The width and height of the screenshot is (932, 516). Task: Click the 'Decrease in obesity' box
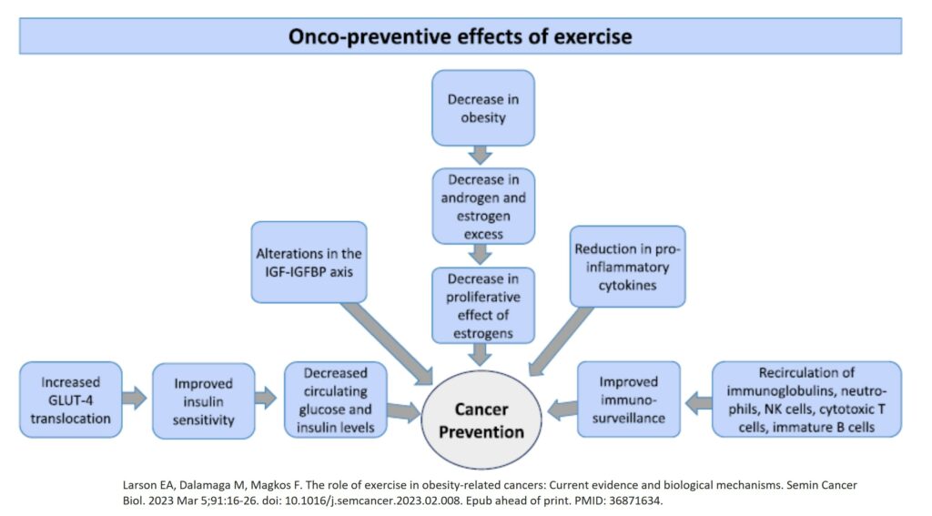click(x=483, y=107)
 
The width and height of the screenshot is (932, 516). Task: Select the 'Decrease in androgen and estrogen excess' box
click(x=483, y=206)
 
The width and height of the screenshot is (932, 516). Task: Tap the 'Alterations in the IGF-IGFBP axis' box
click(x=309, y=262)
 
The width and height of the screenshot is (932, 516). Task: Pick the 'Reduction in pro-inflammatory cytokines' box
click(x=628, y=267)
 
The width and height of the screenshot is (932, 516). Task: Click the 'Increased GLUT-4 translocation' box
click(x=71, y=400)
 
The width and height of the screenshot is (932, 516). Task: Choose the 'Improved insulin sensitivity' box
click(x=203, y=401)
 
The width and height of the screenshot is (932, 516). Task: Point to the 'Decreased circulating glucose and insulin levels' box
click(x=336, y=400)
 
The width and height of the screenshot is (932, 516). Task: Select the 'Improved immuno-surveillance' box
click(x=629, y=400)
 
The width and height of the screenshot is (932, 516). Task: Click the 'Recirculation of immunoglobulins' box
click(x=806, y=400)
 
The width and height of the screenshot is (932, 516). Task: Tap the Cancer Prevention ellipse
click(x=481, y=420)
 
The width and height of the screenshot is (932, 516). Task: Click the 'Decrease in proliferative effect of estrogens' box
click(x=483, y=306)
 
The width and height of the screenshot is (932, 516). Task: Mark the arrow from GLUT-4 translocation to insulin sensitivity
click(x=135, y=398)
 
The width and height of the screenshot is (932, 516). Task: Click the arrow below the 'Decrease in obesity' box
click(x=480, y=155)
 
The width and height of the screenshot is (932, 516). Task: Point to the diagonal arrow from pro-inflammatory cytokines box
click(x=561, y=341)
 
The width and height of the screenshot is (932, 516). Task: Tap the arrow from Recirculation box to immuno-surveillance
click(x=698, y=403)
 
